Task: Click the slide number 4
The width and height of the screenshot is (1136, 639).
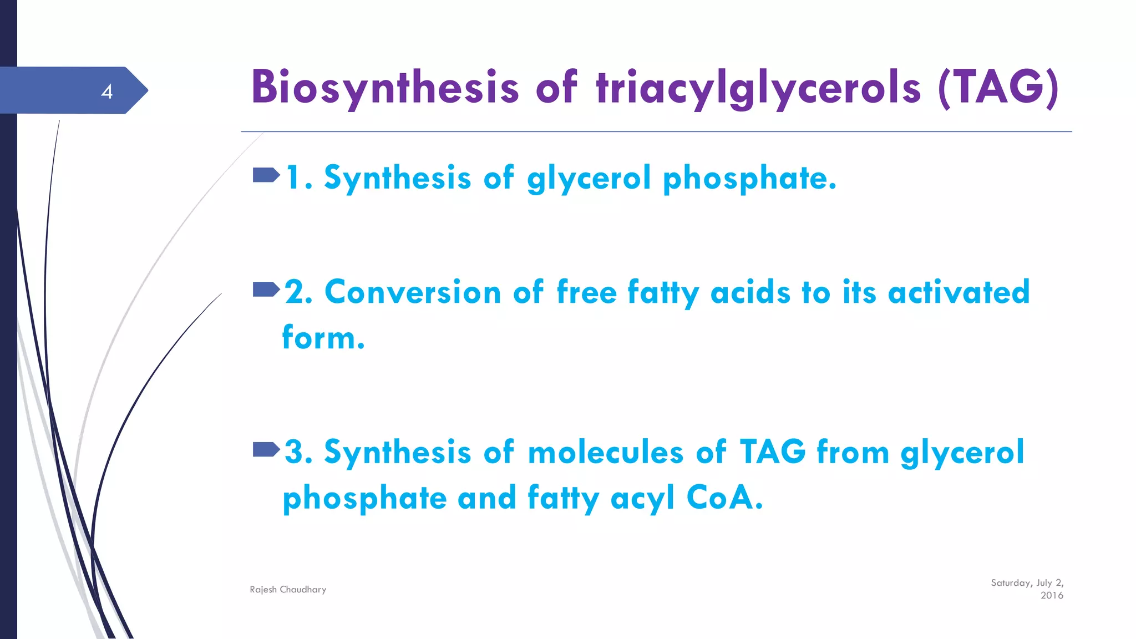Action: (x=107, y=92)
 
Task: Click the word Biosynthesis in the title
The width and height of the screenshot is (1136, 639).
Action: (x=385, y=88)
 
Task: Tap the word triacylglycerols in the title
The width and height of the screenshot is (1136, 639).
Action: (x=758, y=88)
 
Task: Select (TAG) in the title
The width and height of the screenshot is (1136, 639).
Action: (x=998, y=88)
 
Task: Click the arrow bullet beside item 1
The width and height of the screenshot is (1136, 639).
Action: (x=266, y=176)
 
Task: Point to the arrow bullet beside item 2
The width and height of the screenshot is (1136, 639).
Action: (x=266, y=290)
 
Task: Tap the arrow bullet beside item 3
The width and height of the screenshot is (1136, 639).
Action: (x=266, y=449)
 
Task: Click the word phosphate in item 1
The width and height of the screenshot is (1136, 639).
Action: (x=749, y=179)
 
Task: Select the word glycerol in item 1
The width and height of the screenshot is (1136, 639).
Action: (x=589, y=179)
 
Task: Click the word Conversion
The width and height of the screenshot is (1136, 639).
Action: (x=413, y=292)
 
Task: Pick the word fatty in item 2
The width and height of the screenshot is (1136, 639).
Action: (x=663, y=292)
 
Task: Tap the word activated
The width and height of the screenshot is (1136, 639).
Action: (x=958, y=292)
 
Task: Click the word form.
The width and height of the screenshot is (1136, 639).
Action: (x=323, y=337)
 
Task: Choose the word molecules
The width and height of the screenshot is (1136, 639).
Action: (x=606, y=452)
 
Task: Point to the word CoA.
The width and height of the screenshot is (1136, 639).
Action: (x=724, y=498)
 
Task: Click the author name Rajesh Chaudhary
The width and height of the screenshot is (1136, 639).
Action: (x=288, y=590)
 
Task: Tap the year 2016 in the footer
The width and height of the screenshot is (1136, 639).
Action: (x=1052, y=596)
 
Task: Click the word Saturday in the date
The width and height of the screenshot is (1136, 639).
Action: (x=1011, y=583)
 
